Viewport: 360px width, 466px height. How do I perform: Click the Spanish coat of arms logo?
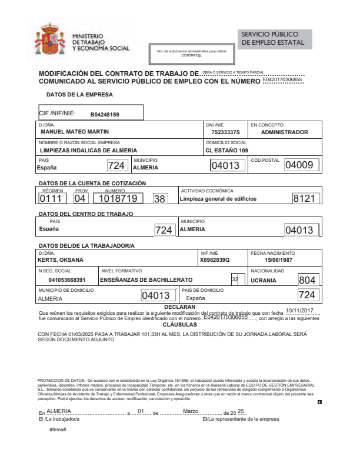pyautogui.click(x=50, y=40)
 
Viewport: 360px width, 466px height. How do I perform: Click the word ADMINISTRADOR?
pyautogui.click(x=284, y=132)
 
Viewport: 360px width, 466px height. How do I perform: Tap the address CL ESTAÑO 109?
pyautogui.click(x=227, y=150)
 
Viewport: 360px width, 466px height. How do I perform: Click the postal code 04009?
pyautogui.click(x=301, y=166)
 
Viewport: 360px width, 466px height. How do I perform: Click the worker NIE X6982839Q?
pyautogui.click(x=215, y=259)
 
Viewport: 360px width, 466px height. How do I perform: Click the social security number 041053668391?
pyautogui.click(x=67, y=280)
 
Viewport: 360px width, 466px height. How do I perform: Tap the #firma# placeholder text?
pyautogui.click(x=58, y=430)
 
